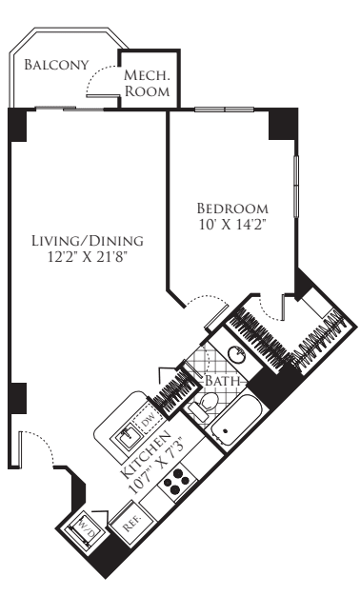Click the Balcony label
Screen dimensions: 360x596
(56, 65)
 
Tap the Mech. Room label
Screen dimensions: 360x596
(147, 83)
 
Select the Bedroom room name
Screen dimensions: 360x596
(232, 209)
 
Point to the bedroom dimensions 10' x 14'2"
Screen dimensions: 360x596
(231, 225)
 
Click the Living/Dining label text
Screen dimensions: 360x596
(88, 241)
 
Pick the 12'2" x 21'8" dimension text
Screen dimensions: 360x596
(87, 257)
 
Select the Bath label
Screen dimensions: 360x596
(223, 381)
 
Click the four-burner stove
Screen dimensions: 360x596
(177, 483)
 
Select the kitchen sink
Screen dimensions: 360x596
(126, 437)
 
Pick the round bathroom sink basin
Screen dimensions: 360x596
(237, 355)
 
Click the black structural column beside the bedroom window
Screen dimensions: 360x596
(283, 125)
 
